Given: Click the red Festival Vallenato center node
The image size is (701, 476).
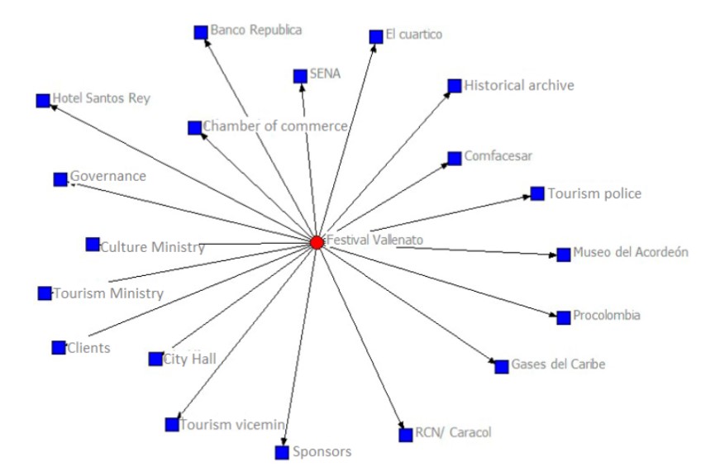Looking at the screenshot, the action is [x=317, y=242].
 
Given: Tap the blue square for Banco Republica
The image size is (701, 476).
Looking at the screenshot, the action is [x=200, y=31].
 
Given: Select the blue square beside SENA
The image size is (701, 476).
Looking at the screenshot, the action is [x=300, y=76].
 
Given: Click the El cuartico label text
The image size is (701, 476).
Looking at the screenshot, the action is [x=414, y=35].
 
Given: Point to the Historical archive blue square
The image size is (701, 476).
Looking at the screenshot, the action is [x=454, y=86].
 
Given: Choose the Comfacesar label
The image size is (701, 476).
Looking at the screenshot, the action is [x=498, y=155].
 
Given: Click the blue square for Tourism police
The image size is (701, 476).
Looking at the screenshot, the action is [x=537, y=193].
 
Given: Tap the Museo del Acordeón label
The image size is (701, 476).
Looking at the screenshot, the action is [x=631, y=253].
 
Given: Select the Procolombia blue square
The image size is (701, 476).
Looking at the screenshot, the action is [x=564, y=317].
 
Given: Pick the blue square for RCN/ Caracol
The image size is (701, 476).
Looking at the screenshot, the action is [x=405, y=435].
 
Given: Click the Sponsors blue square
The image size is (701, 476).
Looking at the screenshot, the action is [x=283, y=452].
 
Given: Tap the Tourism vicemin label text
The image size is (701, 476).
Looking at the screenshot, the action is [x=233, y=424].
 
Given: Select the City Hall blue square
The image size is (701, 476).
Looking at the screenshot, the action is [x=155, y=359].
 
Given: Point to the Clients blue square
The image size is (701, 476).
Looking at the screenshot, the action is [x=58, y=348].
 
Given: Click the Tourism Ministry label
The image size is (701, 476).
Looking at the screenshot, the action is [x=108, y=293].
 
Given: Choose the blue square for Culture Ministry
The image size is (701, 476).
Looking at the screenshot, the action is [x=93, y=245].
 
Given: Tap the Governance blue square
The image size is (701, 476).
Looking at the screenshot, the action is [x=60, y=179].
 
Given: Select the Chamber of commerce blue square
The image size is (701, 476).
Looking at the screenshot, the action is [x=194, y=127].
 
